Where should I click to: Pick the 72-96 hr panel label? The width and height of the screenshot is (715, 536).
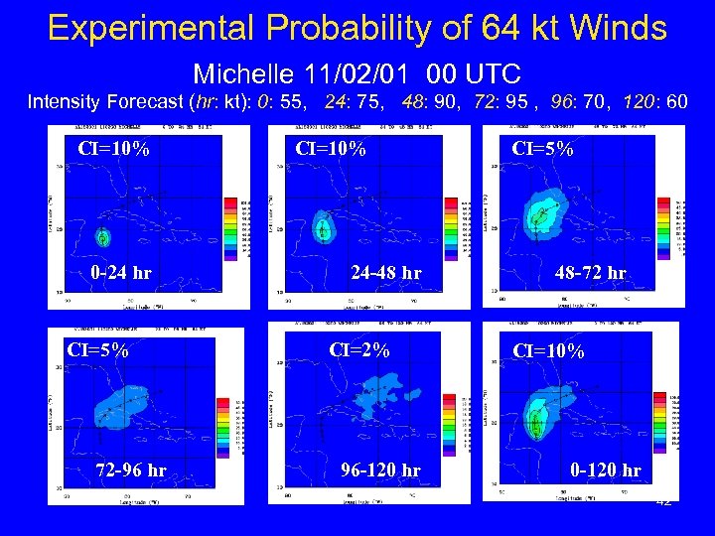point(130,469)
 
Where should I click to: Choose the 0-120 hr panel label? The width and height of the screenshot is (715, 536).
point(604,469)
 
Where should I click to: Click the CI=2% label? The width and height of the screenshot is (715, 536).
point(359,349)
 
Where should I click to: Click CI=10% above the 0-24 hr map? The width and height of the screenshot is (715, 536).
point(114,151)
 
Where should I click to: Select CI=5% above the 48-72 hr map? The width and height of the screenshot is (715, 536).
point(541,149)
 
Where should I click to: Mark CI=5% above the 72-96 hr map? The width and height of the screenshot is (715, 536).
point(96,349)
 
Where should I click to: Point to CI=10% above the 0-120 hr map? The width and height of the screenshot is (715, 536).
point(548,351)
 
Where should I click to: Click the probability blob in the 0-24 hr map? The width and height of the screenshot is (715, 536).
point(102,237)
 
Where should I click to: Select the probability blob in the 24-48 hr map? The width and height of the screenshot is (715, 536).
point(323,226)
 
